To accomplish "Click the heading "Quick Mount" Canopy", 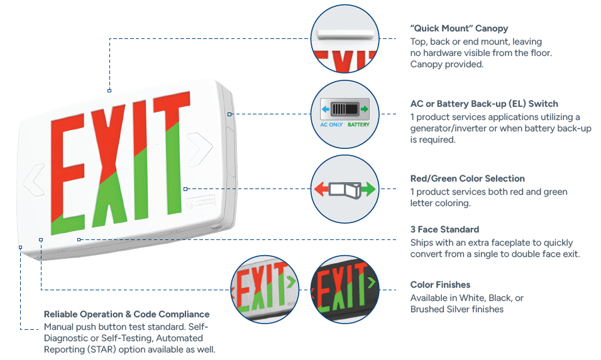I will [x=459, y=28].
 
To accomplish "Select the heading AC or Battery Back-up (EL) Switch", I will [x=484, y=104].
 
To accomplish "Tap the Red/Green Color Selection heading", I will [x=467, y=178].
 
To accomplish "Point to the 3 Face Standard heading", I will [x=444, y=229].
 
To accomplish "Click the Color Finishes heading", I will [x=440, y=285].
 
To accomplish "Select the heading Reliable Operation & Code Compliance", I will [x=126, y=314].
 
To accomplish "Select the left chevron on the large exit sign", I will [x=33, y=182].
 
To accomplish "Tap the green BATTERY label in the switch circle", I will [x=358, y=124].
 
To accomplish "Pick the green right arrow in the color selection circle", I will [x=368, y=188].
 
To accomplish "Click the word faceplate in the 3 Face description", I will [x=512, y=243].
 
